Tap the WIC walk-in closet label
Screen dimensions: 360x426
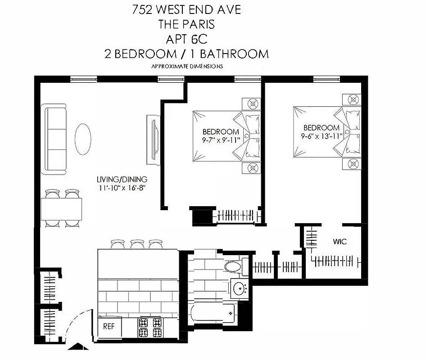[340, 242]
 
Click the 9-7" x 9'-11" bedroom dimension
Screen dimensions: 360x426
[220, 140]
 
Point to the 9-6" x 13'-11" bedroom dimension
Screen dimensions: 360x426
[321, 135]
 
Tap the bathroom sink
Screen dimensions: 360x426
[239, 288]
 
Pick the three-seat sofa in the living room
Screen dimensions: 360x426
[54, 139]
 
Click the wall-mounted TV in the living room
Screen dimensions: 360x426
[153, 140]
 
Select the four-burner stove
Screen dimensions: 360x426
[150, 328]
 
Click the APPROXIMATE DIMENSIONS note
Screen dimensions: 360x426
[187, 66]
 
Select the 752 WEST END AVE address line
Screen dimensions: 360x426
[186, 9]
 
